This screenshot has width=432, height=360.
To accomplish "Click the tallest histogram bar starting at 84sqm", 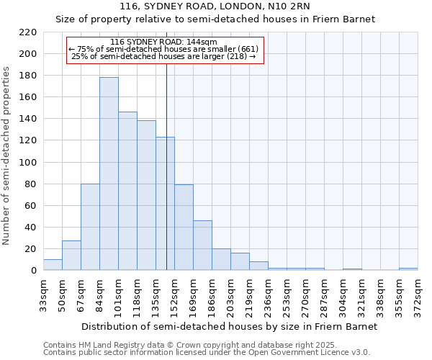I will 109,174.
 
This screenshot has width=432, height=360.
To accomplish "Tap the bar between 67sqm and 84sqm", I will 90,227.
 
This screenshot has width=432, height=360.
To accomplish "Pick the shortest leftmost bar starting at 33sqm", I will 53,265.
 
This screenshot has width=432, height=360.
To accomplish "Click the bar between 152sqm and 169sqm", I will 184,228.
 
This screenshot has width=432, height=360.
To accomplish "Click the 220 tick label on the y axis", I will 27,32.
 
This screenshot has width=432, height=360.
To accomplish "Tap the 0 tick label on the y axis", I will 33,271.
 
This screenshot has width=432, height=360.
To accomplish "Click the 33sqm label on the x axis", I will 43,294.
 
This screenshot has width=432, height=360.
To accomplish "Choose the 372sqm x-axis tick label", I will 418,294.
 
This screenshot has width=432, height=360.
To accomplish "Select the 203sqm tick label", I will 230,294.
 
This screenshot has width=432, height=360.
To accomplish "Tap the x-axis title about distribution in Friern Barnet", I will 229,326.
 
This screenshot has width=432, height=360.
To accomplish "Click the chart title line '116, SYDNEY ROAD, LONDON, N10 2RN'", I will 215,6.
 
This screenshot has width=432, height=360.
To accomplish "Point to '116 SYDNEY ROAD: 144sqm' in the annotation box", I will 165,42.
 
